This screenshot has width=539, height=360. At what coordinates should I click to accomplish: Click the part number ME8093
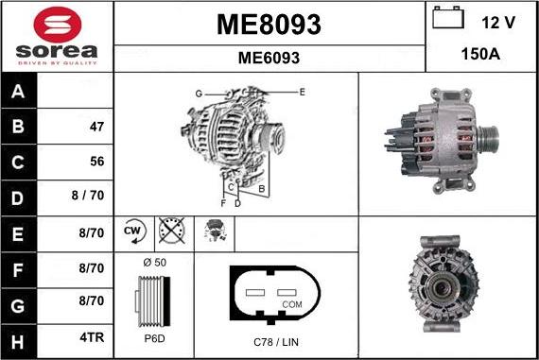click(x=269, y=24)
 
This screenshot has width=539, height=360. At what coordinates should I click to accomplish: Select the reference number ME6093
click(x=269, y=58)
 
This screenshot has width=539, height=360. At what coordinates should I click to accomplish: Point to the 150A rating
click(x=480, y=55)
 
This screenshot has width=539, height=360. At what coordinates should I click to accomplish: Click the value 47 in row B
click(x=96, y=127)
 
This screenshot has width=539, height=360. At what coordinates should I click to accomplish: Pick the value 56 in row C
click(x=96, y=162)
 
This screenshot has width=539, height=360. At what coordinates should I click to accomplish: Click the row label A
click(x=19, y=92)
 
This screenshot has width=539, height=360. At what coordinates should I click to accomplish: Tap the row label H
click(x=19, y=339)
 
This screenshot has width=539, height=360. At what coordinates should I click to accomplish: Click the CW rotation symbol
click(x=132, y=232)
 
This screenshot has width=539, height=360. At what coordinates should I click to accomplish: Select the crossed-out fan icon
click(x=171, y=232)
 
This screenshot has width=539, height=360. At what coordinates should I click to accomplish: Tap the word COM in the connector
click(x=292, y=304)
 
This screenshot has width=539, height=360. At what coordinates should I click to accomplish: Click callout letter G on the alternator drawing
click(x=199, y=94)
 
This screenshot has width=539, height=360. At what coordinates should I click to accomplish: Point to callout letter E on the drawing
click(x=302, y=92)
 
